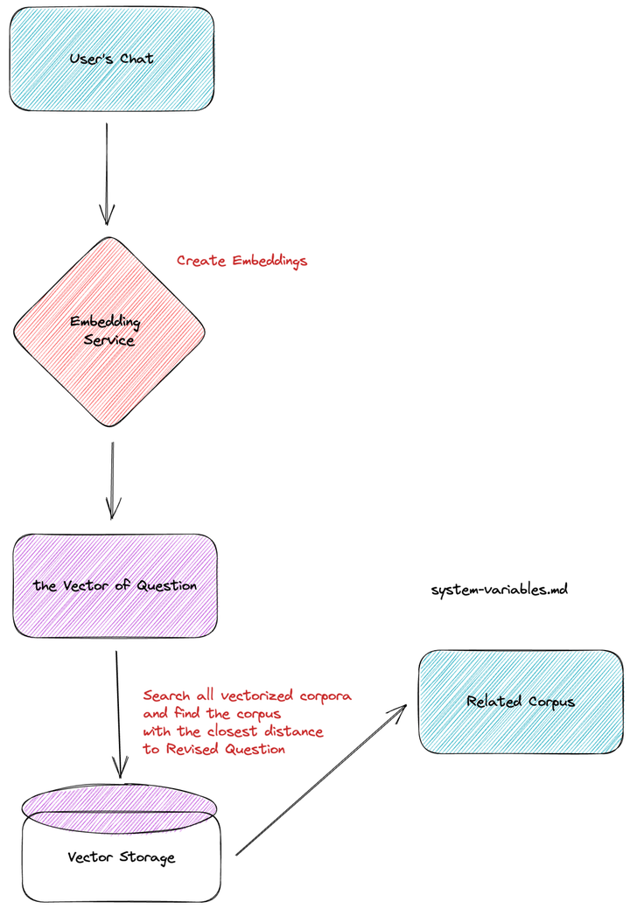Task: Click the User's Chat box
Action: tap(112, 59)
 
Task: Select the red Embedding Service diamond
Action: tap(109, 332)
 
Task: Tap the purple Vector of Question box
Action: tap(115, 585)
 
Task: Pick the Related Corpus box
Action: tap(521, 702)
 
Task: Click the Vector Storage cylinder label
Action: tap(121, 857)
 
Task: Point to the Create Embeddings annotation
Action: tap(241, 261)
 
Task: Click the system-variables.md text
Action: tap(499, 591)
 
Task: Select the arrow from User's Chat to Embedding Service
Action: tap(107, 174)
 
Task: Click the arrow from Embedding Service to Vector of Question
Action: tap(113, 480)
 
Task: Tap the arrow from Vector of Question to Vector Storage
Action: tap(118, 714)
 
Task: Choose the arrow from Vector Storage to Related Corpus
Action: tap(322, 780)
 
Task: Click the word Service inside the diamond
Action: tap(109, 340)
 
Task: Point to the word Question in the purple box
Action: tap(167, 585)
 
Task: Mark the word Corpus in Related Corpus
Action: tap(551, 702)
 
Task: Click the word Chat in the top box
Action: tap(136, 59)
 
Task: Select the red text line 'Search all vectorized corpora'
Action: tap(248, 695)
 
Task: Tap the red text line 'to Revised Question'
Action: tap(213, 749)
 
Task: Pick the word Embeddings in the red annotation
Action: tap(269, 261)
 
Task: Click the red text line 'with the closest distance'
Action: tap(233, 731)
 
